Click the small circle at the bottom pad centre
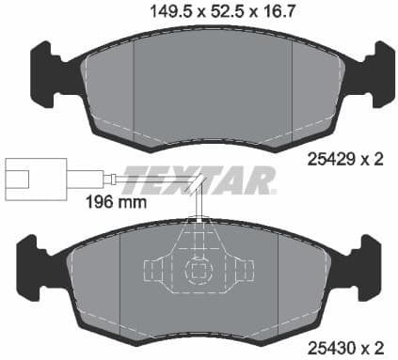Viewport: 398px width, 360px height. [x=199, y=274]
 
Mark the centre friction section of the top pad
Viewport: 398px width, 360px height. [x=213, y=89]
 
